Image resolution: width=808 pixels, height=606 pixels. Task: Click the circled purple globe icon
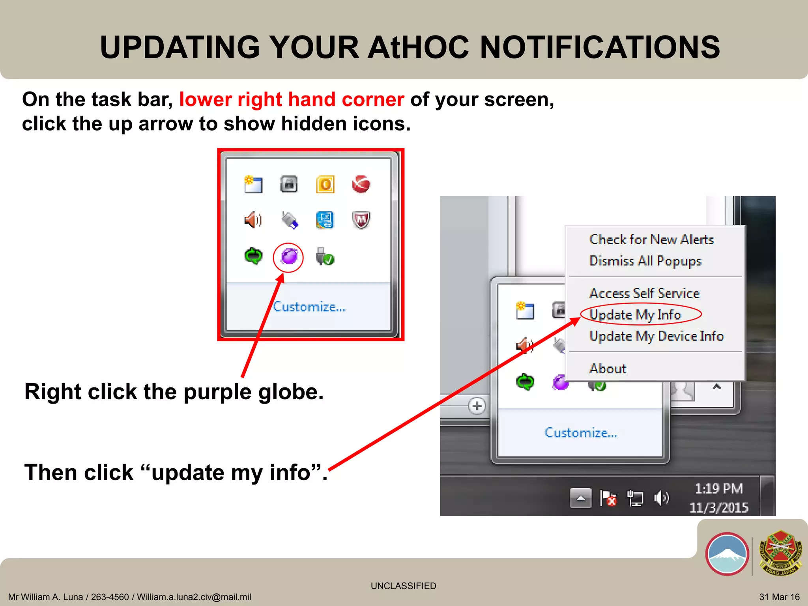click(x=289, y=257)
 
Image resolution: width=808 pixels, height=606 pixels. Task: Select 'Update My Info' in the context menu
click(x=635, y=315)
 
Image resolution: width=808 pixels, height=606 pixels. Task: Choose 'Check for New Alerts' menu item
click(x=651, y=239)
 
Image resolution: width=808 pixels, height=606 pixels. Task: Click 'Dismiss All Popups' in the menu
click(x=645, y=261)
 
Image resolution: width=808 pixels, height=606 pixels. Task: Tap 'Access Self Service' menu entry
click(x=644, y=293)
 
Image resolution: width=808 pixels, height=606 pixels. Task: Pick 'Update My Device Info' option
click(x=656, y=336)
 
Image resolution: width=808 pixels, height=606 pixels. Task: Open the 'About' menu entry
click(x=608, y=368)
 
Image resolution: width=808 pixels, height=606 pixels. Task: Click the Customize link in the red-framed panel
click(x=309, y=307)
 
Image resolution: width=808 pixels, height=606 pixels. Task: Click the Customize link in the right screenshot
click(x=580, y=433)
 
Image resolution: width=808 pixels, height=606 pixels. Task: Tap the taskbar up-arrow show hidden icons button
click(x=581, y=498)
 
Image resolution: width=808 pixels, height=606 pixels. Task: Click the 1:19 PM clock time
click(x=718, y=489)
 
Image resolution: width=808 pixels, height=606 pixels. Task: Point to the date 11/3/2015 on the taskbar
click(x=718, y=507)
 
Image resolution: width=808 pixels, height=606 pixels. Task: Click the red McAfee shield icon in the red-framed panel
click(x=361, y=220)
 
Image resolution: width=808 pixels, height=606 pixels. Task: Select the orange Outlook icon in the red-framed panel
click(x=325, y=184)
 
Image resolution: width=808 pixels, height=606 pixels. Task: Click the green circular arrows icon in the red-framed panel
click(x=253, y=256)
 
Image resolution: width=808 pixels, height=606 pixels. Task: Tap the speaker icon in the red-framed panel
click(x=253, y=220)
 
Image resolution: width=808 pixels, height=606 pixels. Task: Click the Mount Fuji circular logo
click(x=727, y=554)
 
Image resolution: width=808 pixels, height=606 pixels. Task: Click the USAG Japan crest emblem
click(x=781, y=553)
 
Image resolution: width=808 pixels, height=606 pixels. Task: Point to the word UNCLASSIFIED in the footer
click(x=403, y=586)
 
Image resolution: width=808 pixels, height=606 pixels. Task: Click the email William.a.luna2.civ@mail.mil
click(x=194, y=597)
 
